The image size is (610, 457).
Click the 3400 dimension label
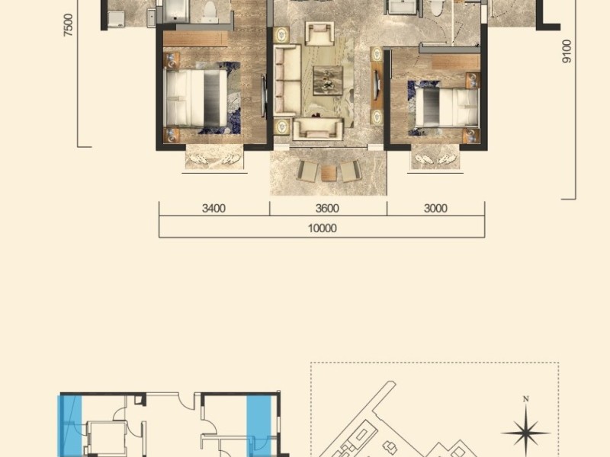click(x=213, y=209)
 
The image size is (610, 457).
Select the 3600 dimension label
click(x=327, y=209)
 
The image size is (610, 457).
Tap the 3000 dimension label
click(x=435, y=209)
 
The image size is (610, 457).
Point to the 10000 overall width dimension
click(x=322, y=228)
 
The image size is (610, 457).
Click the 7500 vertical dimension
click(x=68, y=25)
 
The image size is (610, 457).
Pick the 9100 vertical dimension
click(x=567, y=51)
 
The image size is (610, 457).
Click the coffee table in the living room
click(x=328, y=80)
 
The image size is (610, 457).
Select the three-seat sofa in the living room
click(x=287, y=80)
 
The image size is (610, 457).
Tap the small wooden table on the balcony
click(x=329, y=173)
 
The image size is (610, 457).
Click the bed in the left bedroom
click(x=195, y=98)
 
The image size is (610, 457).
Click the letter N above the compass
click(x=525, y=398)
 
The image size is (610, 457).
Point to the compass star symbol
click(x=525, y=433)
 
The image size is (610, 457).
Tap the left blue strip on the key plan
click(x=70, y=426)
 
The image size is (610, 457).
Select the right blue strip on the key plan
click(x=258, y=426)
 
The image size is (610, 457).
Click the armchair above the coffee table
click(x=319, y=34)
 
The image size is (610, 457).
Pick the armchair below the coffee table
click(x=318, y=129)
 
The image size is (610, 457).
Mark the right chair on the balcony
click(x=351, y=171)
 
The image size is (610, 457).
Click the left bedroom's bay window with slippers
click(x=214, y=158)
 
